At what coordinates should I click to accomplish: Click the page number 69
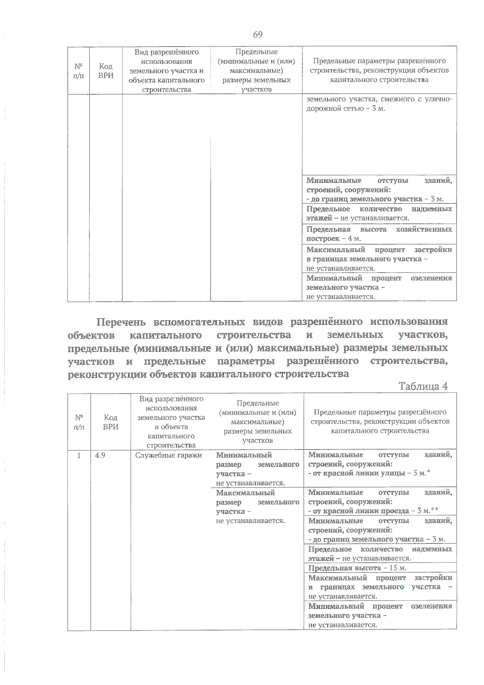(258, 35)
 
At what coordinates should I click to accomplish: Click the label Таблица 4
(423, 386)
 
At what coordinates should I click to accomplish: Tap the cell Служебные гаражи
(168, 455)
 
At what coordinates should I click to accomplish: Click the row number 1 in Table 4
(79, 455)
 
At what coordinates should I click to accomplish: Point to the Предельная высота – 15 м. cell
(357, 568)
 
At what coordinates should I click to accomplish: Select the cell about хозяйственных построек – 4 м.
(379, 234)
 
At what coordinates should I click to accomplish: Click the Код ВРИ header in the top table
(106, 71)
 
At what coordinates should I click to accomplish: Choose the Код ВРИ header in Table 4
(111, 422)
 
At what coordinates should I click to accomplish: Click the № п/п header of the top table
(79, 71)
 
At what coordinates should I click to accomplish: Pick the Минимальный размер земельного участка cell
(257, 469)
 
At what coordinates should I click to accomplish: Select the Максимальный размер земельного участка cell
(257, 507)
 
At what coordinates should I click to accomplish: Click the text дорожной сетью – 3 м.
(345, 109)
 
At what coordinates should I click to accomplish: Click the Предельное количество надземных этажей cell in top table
(379, 214)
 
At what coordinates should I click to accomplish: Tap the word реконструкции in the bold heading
(101, 374)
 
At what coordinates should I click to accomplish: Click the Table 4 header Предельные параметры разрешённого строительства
(380, 421)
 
